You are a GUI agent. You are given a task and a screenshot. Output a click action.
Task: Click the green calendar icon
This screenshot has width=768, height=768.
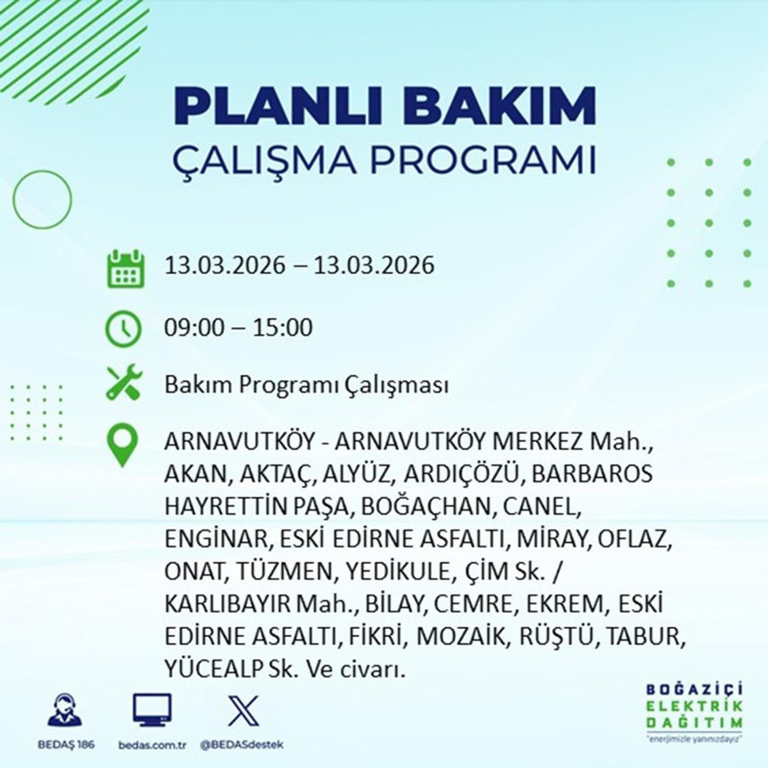126,268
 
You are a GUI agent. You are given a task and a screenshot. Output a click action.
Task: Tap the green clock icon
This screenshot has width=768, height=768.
125,327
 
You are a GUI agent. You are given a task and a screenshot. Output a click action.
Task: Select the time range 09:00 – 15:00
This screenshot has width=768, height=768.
239,327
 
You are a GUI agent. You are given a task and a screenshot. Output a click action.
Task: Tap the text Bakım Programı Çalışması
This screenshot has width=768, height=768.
306,386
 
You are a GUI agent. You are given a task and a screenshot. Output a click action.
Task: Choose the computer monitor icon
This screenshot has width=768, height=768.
152,711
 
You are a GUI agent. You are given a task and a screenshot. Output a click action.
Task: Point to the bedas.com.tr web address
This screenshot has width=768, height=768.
152,746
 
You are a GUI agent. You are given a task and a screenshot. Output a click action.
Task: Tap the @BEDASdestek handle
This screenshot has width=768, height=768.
242,746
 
